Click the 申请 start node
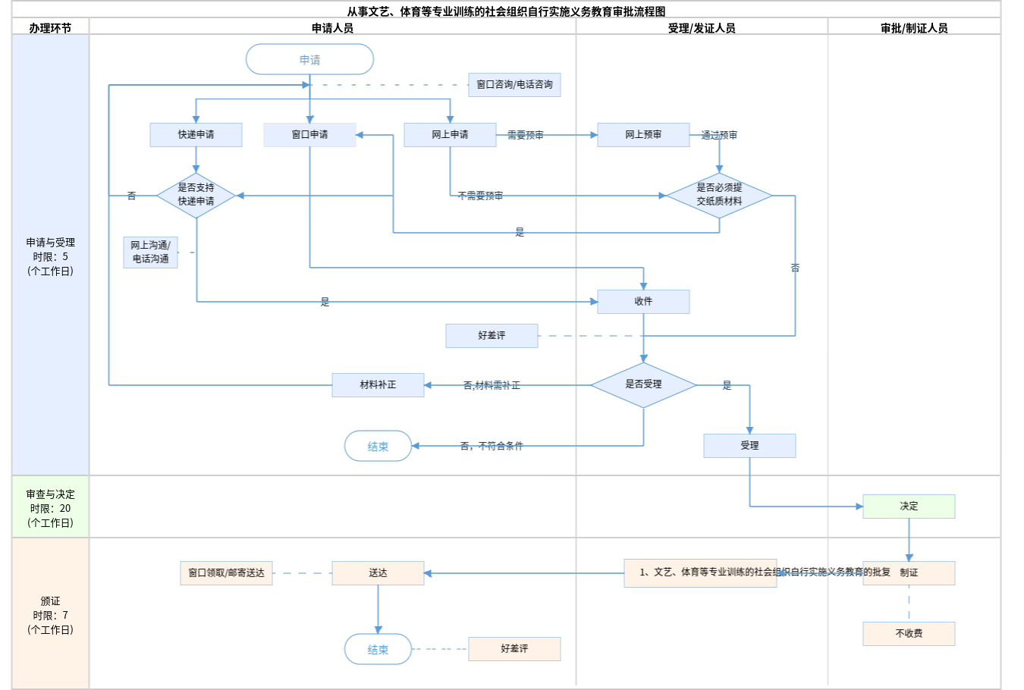(309, 59)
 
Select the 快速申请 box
(196, 135)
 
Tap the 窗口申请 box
(309, 135)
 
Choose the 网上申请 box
(450, 135)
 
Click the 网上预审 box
(643, 135)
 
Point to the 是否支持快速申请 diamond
(196, 195)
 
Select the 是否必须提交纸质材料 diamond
(719, 195)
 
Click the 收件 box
(643, 302)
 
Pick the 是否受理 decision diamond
(643, 384)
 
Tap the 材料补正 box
(378, 385)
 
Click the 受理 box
(749, 446)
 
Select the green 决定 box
(909, 507)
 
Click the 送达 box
(378, 573)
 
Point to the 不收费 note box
(909, 634)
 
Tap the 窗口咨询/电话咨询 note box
(514, 85)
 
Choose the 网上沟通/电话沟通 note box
(150, 252)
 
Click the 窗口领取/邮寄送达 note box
(226, 573)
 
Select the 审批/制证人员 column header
(914, 28)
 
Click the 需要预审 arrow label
(525, 135)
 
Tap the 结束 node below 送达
(378, 649)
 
